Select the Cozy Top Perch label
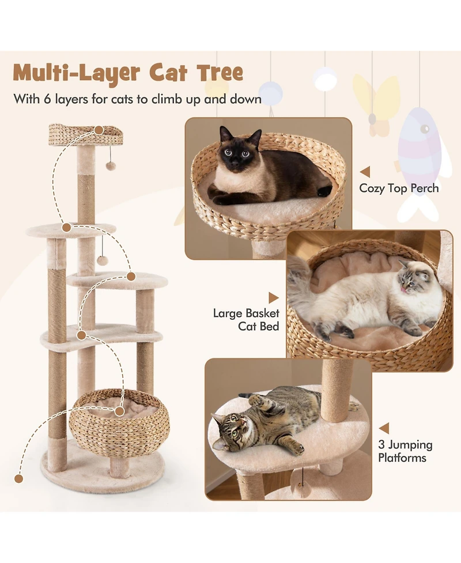[x=399, y=188]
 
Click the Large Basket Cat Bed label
[x=246, y=320]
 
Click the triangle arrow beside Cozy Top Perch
[x=364, y=172]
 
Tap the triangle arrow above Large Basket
[x=273, y=297]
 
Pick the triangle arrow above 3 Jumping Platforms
[x=384, y=428]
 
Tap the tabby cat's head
[x=229, y=429]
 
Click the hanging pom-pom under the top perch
[x=111, y=166]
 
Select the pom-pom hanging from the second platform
[x=103, y=260]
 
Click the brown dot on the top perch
[x=100, y=131]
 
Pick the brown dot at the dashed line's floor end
[x=19, y=478]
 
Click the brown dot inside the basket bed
[x=119, y=411]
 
